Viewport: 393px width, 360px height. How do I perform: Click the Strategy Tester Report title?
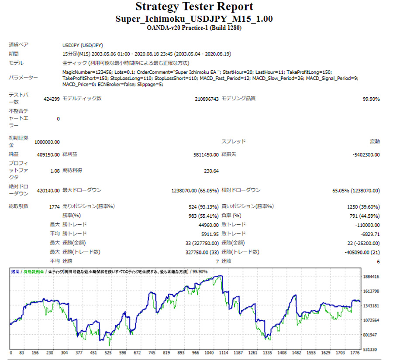tap(194, 7)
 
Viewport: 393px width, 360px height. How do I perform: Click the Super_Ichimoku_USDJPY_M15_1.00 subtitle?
tap(194, 20)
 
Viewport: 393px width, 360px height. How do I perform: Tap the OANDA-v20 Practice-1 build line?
tap(194, 28)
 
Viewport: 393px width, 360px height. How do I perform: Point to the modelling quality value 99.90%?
tap(371, 99)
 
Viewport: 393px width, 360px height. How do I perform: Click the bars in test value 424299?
tap(52, 99)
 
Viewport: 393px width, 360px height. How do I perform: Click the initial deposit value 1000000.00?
tap(47, 142)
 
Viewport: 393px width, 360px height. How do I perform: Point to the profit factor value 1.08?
tap(55, 171)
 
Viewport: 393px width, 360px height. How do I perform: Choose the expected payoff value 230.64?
tap(211, 171)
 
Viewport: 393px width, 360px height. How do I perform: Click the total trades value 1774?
tap(54, 206)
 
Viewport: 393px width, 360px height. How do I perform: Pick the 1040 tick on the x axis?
tap(210, 353)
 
